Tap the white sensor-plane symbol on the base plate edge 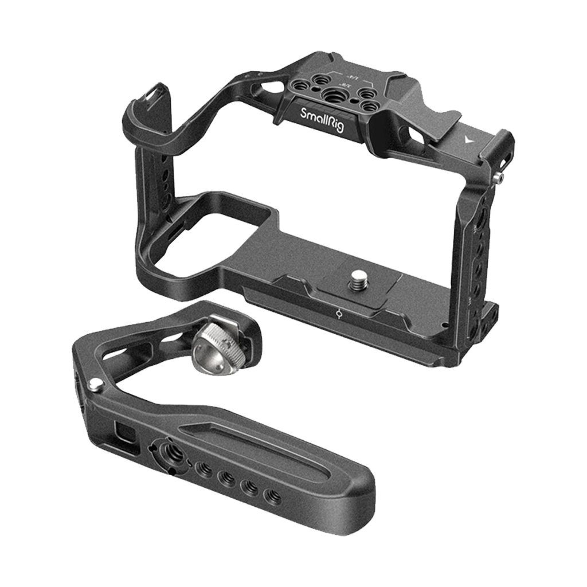[x=339, y=314]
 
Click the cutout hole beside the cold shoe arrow [x=414, y=135]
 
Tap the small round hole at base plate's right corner [x=445, y=325]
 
